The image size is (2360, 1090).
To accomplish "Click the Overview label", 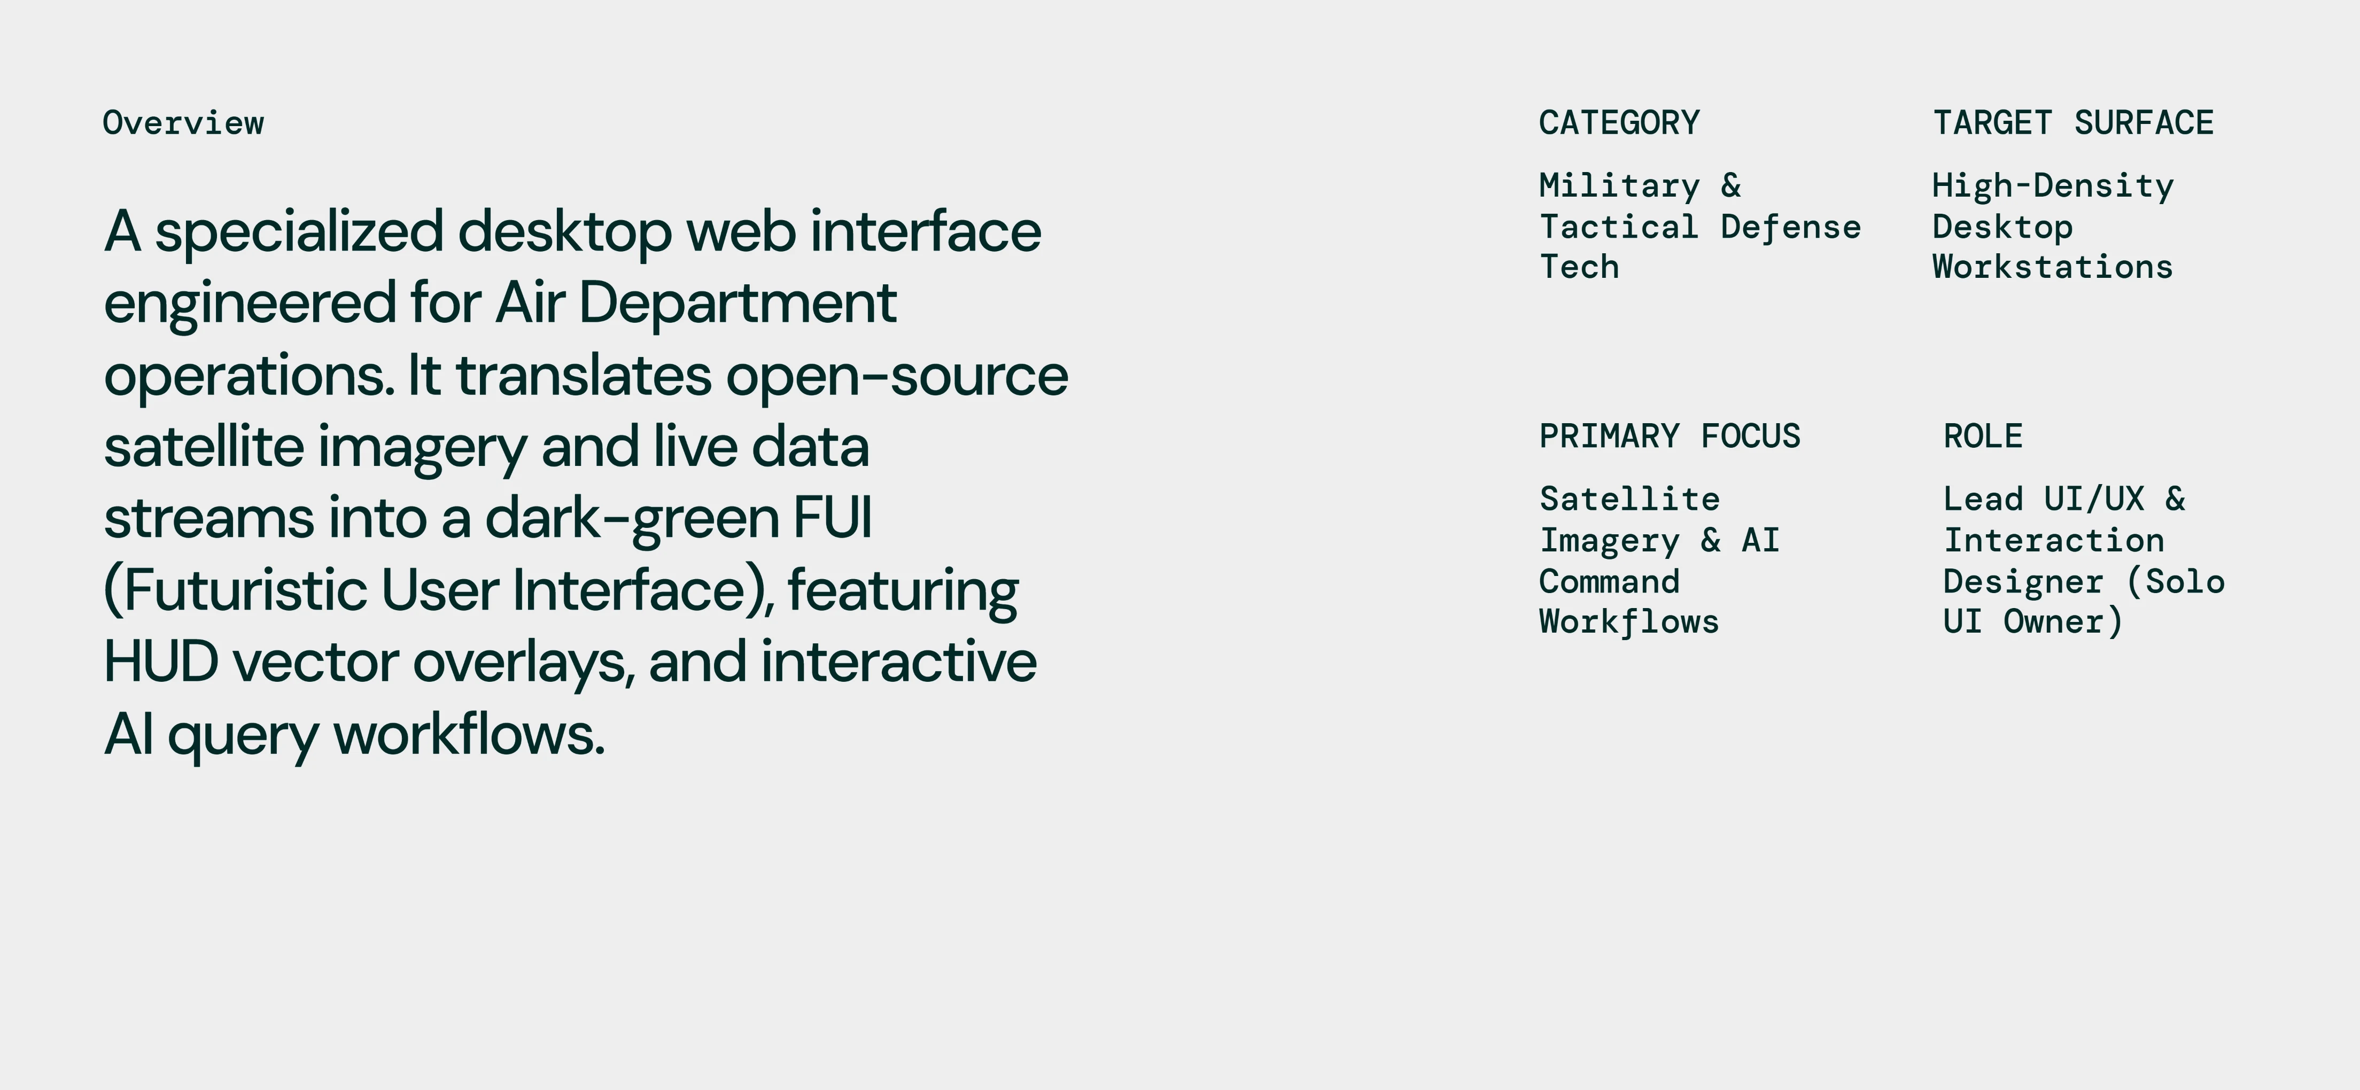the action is [183, 123].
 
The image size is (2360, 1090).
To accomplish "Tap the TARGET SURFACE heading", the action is [2073, 123].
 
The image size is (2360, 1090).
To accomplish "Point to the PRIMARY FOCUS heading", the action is [1669, 436].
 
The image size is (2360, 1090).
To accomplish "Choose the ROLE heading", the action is [1983, 436].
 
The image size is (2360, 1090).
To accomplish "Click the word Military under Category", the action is [1619, 186].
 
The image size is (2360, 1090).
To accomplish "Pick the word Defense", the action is [1790, 227].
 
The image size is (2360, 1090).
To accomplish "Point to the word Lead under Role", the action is [1983, 499].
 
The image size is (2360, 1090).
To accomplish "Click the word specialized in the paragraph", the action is [299, 232].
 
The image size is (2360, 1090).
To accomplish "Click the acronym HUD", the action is [161, 661].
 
